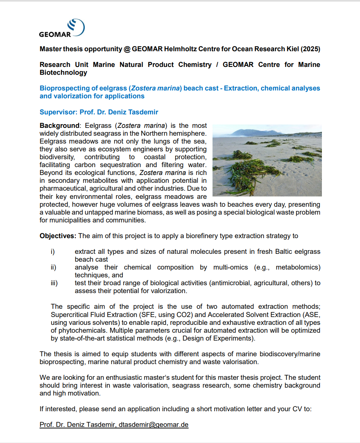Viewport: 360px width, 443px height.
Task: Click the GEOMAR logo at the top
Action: [x=62, y=28]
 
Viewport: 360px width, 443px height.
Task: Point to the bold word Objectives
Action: [x=58, y=236]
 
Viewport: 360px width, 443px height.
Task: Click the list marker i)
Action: [x=53, y=252]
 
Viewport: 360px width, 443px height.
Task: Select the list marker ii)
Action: [x=53, y=267]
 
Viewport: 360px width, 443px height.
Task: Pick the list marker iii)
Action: [x=54, y=283]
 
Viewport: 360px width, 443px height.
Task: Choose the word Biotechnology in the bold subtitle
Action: [x=63, y=73]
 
